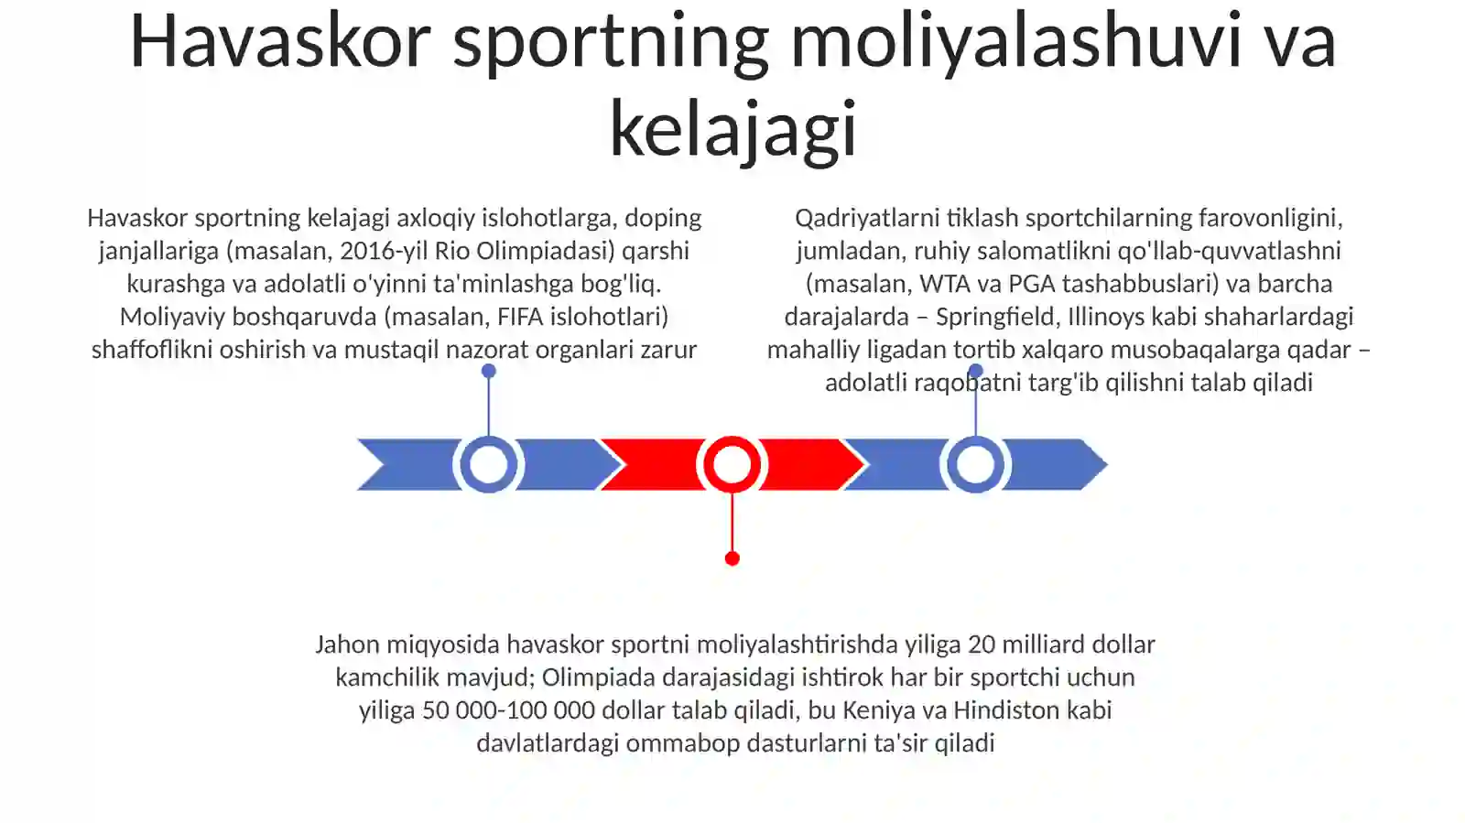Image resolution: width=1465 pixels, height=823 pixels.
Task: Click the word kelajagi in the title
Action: point(732,128)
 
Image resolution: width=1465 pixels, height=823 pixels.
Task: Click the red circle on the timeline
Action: point(732,464)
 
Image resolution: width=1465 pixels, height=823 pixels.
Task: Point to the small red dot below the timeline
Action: point(732,558)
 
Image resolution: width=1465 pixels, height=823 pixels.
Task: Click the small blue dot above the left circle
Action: point(489,372)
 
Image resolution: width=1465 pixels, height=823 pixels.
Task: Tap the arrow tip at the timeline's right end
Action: point(1107,465)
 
